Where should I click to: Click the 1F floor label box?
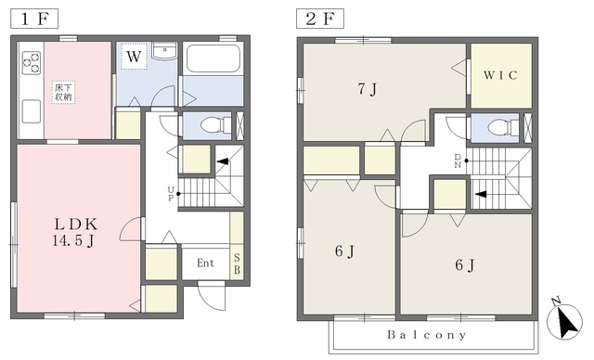(x=34, y=19)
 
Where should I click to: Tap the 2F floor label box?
(x=320, y=19)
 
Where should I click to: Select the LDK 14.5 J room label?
(x=75, y=232)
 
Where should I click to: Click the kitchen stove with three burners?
(x=31, y=63)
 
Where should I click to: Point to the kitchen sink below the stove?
(x=31, y=111)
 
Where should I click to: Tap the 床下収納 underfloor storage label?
(x=63, y=92)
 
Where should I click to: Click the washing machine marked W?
(x=134, y=57)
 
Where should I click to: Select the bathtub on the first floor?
(x=213, y=58)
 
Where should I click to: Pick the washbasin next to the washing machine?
(x=164, y=51)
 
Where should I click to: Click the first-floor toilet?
(x=215, y=125)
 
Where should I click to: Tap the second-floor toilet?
(x=503, y=127)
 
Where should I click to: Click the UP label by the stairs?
(x=171, y=194)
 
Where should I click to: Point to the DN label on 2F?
(x=458, y=161)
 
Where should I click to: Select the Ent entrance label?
(x=205, y=263)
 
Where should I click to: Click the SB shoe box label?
(x=238, y=264)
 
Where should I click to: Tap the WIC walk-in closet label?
(x=500, y=75)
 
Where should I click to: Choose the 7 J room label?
(x=368, y=89)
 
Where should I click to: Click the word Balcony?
(x=427, y=335)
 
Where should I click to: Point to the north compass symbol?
(x=564, y=320)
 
